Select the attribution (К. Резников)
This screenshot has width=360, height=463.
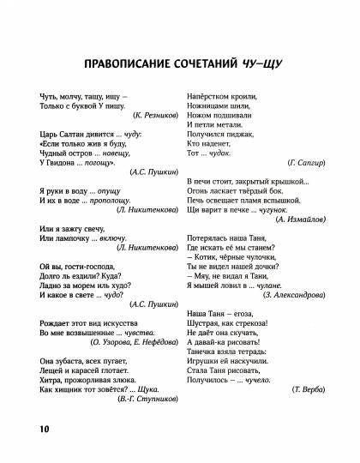point(149,114)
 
